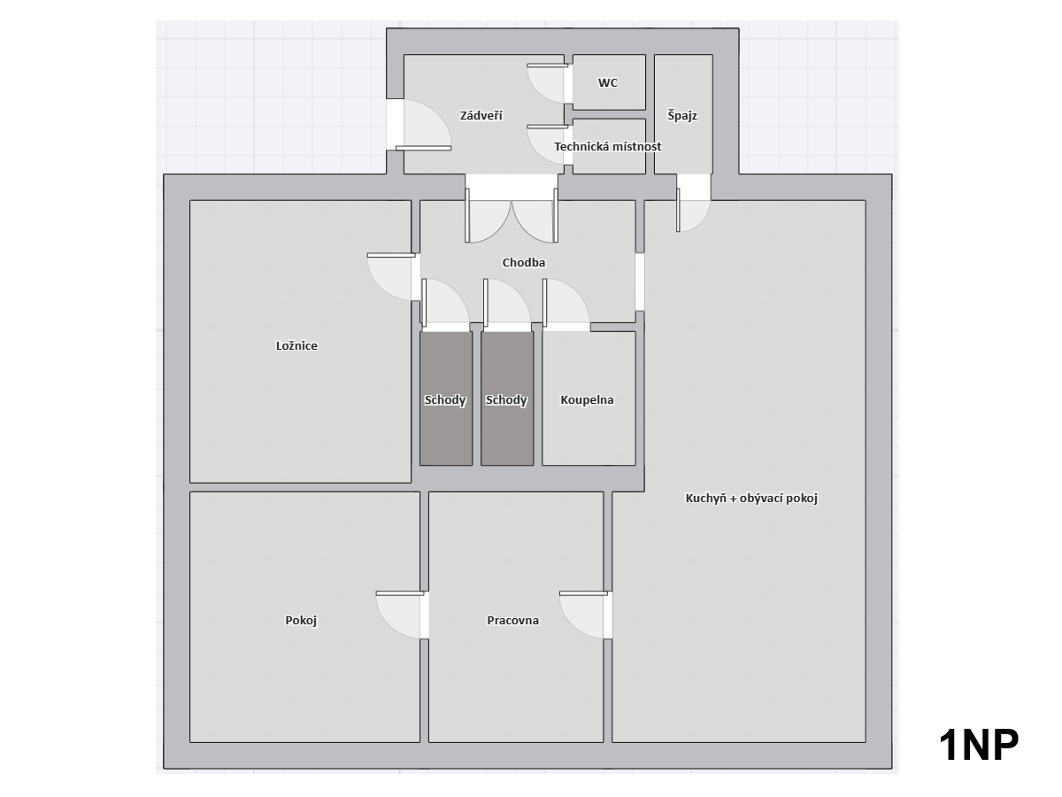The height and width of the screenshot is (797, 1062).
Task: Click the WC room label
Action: tap(608, 82)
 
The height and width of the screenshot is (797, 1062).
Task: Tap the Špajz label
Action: tap(682, 116)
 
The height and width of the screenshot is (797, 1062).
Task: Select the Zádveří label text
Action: tap(481, 116)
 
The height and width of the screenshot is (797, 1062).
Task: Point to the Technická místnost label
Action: tap(608, 146)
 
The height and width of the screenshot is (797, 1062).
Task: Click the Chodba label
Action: tap(524, 262)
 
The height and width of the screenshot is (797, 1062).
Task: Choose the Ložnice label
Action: tap(296, 345)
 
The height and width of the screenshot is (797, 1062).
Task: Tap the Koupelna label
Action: tap(587, 399)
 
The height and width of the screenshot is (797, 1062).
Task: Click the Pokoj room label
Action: tap(301, 621)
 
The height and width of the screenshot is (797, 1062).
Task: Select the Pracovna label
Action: tap(512, 621)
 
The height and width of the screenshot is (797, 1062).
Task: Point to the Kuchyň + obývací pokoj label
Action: tap(751, 498)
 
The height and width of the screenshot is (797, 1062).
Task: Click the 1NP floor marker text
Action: tap(978, 747)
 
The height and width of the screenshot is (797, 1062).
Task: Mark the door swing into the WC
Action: tap(547, 83)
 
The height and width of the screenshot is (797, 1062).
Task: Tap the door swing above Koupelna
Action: tap(566, 302)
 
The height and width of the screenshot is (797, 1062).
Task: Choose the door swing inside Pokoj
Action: tap(401, 615)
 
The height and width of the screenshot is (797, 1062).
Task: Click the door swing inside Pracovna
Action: tap(584, 615)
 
